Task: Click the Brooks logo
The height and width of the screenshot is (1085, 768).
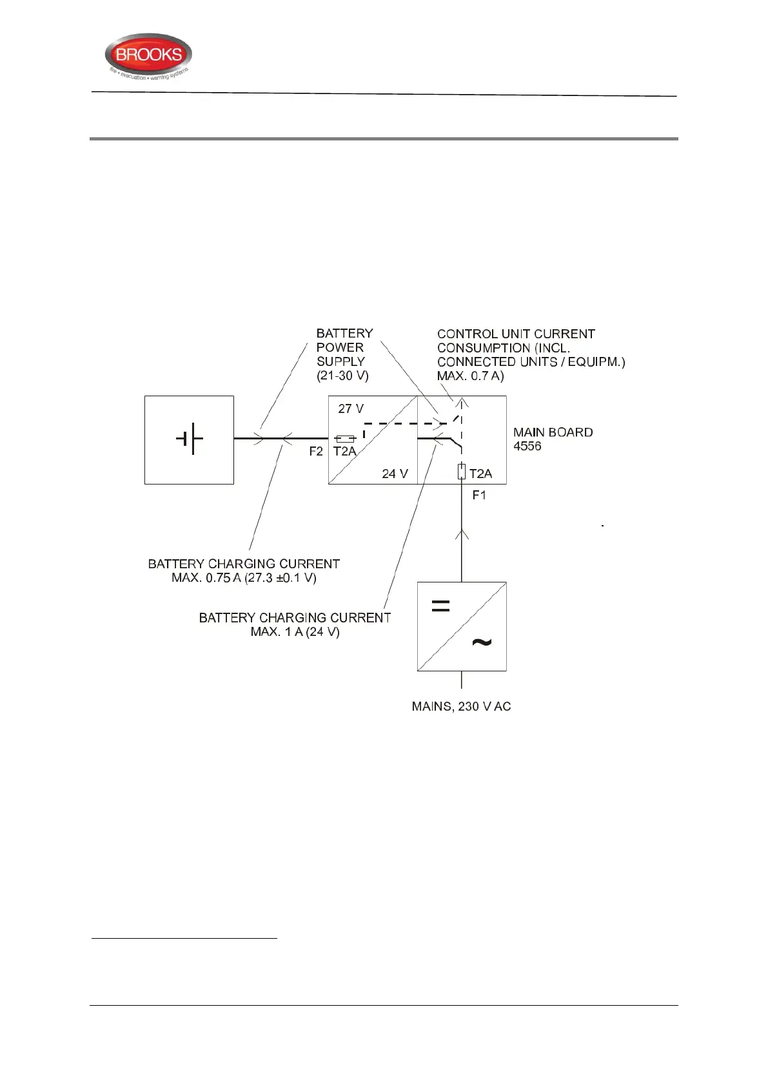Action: click(148, 57)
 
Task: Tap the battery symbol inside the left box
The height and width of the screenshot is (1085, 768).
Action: click(189, 439)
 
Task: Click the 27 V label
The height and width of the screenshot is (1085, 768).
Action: click(351, 408)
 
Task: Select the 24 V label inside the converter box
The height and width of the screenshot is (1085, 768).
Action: click(395, 474)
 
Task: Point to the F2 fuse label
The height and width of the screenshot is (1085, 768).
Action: click(316, 451)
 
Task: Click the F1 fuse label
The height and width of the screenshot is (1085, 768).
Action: click(479, 495)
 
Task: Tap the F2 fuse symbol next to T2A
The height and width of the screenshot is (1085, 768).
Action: click(346, 439)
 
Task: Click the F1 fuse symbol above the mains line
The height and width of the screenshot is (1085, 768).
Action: click(461, 472)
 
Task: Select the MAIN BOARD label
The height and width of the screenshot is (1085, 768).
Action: click(553, 432)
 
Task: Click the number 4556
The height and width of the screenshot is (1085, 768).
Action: click(527, 446)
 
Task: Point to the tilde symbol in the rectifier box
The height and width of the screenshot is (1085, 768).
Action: click(482, 642)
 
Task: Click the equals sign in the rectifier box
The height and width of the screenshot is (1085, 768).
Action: click(440, 606)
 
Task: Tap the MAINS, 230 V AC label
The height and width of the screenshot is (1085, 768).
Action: click(461, 706)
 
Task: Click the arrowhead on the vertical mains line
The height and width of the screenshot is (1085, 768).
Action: click(461, 533)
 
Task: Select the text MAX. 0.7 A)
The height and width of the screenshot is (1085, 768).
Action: click(470, 376)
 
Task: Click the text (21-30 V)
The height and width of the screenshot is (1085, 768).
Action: click(342, 376)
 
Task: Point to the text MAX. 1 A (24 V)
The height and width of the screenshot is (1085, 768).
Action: click(295, 631)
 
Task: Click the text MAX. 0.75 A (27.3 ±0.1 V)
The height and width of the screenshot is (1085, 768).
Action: click(244, 578)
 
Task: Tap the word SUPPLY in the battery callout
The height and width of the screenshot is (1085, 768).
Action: click(340, 361)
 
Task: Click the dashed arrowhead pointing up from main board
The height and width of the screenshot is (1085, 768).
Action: click(461, 403)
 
